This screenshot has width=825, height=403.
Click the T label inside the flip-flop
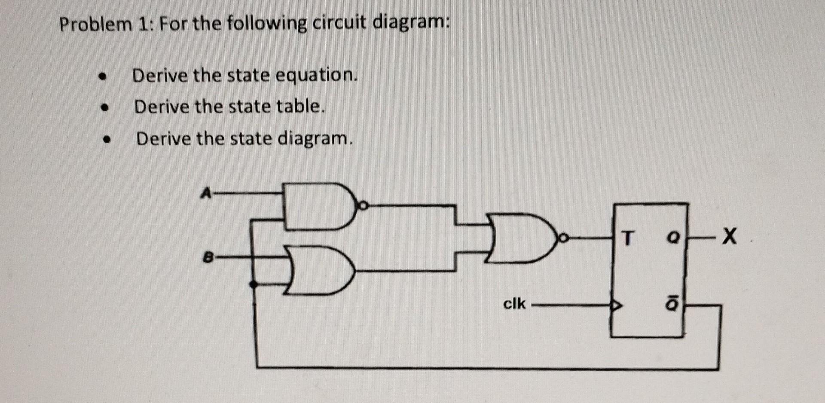click(628, 238)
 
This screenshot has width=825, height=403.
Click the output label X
click(729, 237)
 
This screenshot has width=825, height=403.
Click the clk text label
click(514, 304)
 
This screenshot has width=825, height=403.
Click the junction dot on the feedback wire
click(254, 284)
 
